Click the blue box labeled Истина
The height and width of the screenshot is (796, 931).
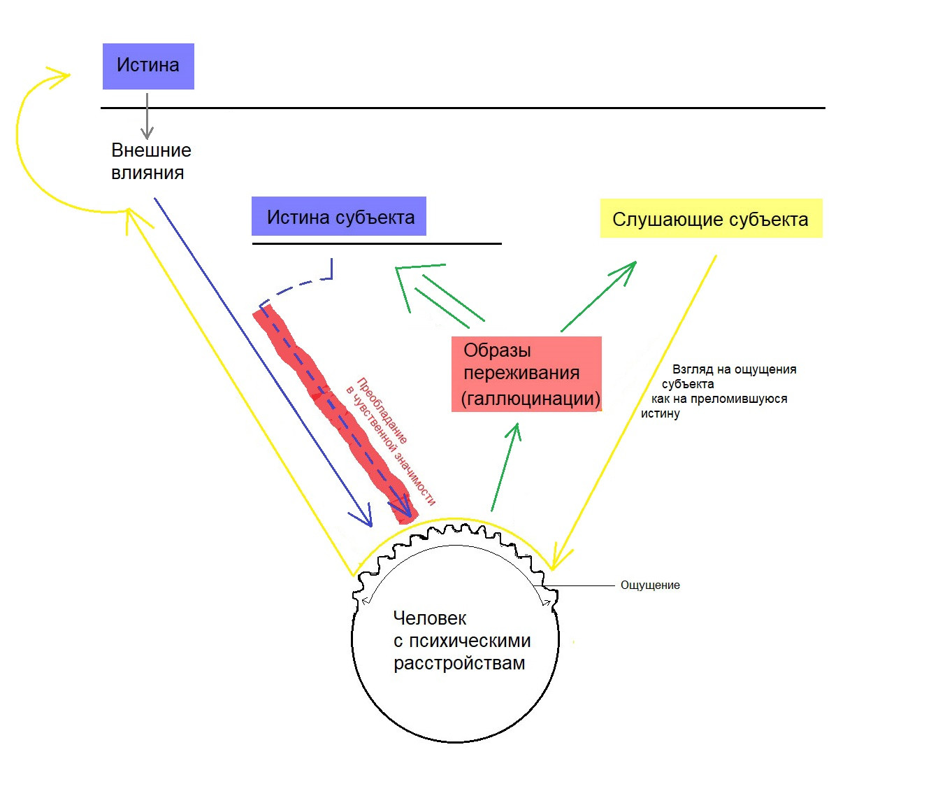[148, 66]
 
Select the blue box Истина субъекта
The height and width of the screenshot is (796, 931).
[338, 216]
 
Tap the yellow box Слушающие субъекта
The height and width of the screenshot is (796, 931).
[711, 218]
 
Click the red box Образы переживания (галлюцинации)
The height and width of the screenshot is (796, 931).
[526, 374]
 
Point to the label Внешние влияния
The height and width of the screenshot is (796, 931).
[151, 162]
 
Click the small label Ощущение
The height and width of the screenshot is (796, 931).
[650, 585]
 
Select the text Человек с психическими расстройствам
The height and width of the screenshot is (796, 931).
[462, 641]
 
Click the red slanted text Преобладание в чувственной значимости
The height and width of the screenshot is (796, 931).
[391, 440]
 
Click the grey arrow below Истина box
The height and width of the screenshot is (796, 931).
[147, 116]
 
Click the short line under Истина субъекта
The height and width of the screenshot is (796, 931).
[377, 243]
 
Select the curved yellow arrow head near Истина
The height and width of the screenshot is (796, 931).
[59, 77]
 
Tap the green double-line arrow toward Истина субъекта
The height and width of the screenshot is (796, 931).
[439, 293]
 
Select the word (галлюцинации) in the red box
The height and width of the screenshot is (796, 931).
[531, 399]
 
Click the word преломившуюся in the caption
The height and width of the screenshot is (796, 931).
[739, 399]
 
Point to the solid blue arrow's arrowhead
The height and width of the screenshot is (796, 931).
[363, 516]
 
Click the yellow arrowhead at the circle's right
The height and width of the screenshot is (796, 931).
[558, 559]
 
